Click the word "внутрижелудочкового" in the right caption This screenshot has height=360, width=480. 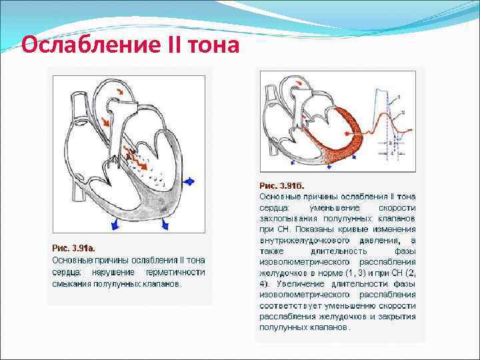pos(301,240)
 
